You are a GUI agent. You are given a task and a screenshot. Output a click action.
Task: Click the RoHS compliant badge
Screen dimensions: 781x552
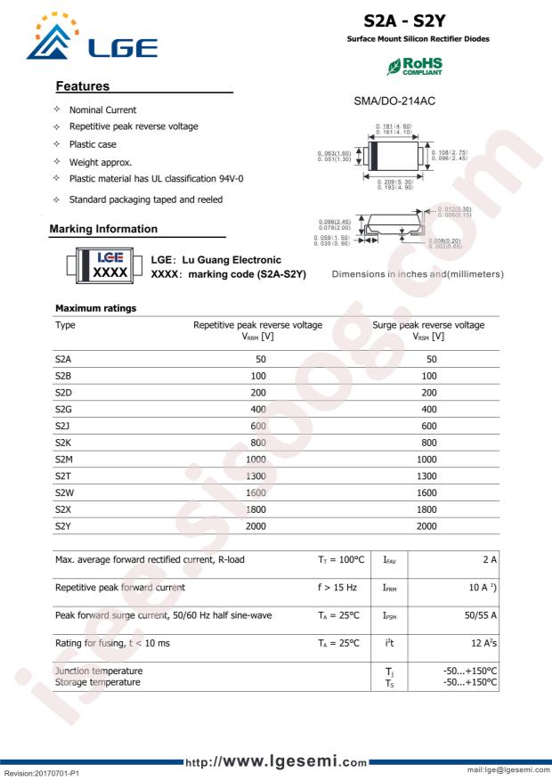point(414,67)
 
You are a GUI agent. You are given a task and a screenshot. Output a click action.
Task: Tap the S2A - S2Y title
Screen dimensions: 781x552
point(417,20)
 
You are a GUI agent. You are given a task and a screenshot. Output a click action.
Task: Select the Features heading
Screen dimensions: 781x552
point(83,86)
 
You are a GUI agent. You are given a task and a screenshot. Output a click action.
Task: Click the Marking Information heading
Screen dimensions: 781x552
point(103,229)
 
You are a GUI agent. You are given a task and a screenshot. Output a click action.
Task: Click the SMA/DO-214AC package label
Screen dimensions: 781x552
point(394,103)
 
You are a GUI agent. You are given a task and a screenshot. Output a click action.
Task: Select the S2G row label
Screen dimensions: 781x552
point(63,408)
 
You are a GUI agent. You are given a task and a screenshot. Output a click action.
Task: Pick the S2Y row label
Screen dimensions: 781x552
point(63,526)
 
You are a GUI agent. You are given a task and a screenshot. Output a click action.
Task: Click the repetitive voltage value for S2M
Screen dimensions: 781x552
point(256,459)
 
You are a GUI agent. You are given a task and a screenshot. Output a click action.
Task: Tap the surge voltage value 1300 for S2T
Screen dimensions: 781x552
point(426,476)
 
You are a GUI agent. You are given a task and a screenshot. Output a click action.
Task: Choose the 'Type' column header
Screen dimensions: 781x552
point(65,325)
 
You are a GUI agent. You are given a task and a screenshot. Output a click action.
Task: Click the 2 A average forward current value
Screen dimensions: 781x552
point(490,559)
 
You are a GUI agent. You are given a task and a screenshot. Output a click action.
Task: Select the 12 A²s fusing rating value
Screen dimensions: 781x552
point(483,643)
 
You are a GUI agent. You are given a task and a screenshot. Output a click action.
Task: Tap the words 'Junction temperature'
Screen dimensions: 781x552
point(99,670)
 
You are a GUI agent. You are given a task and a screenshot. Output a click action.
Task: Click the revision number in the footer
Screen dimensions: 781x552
point(42,775)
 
